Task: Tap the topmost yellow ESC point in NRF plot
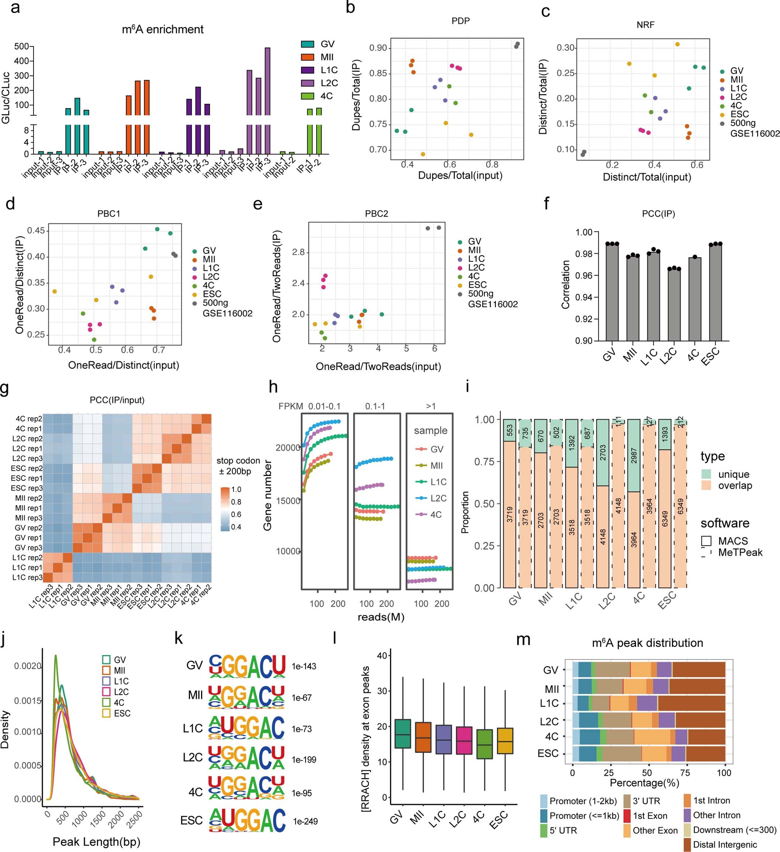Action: [677, 44]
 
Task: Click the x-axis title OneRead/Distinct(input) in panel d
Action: [124, 365]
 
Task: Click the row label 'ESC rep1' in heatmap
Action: [27, 478]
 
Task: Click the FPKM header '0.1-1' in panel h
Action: [375, 406]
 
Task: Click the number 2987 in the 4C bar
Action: [634, 454]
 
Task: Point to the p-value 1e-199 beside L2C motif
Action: [304, 759]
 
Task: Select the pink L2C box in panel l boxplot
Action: [464, 740]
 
